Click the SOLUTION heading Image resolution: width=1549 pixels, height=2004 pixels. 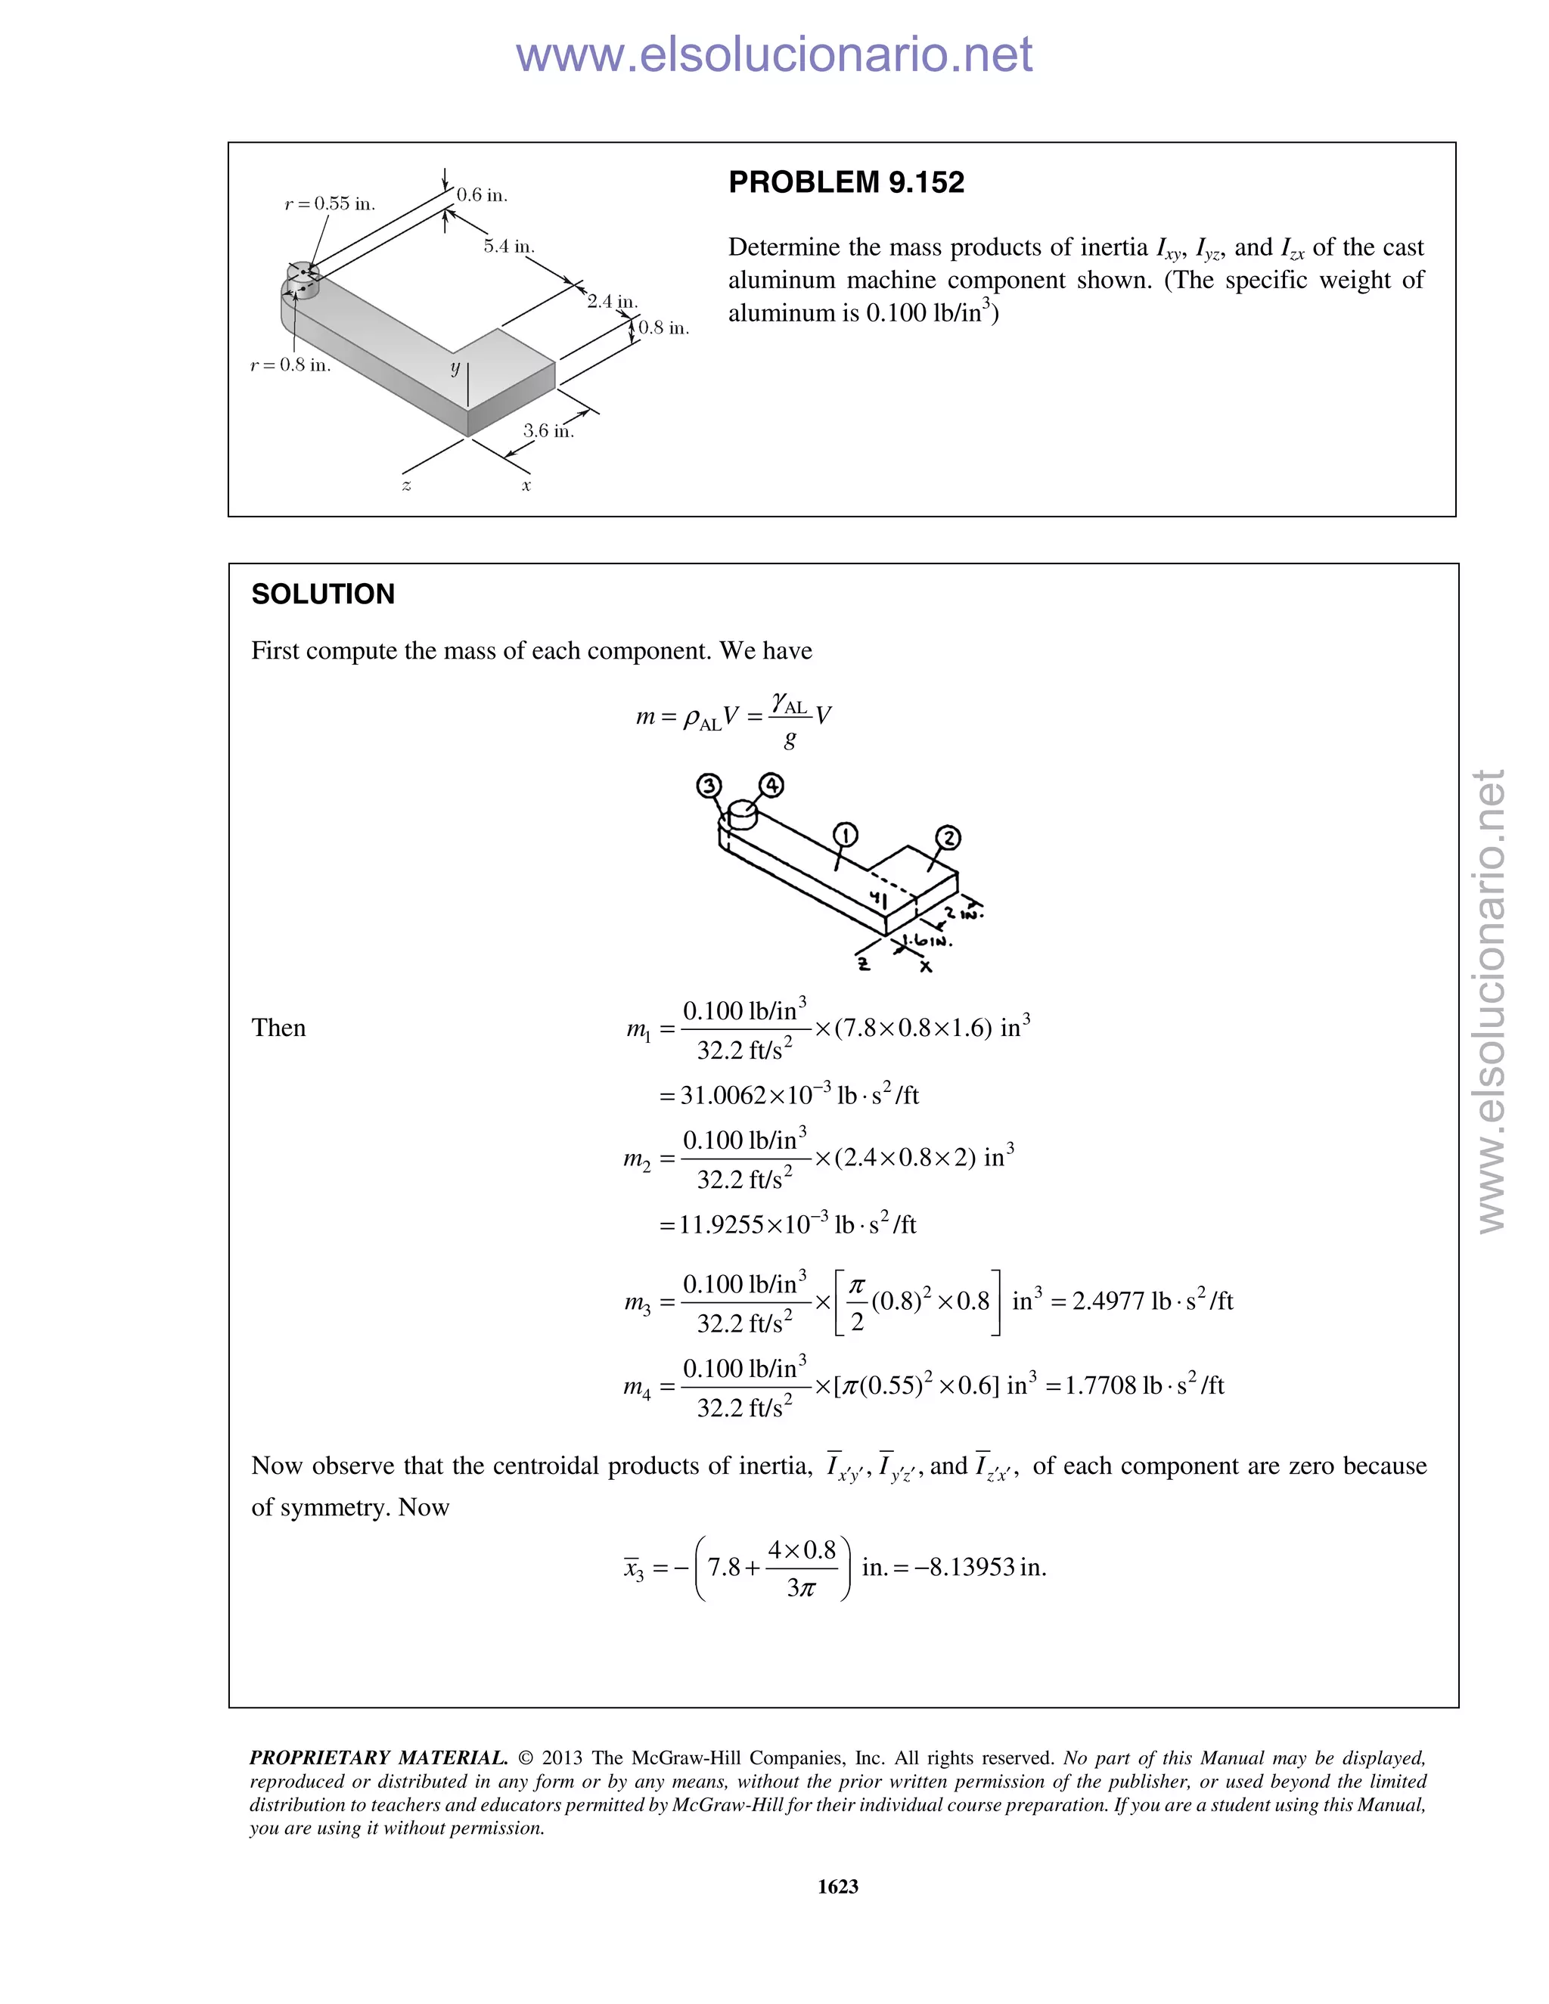click(x=323, y=594)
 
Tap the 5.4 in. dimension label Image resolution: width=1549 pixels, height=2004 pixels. click(x=509, y=246)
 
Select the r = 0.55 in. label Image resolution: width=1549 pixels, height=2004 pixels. click(x=330, y=203)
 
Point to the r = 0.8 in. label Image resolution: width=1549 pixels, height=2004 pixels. click(x=290, y=365)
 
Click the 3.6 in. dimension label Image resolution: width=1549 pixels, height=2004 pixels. click(x=548, y=430)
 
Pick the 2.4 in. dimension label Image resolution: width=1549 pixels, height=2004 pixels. click(x=612, y=301)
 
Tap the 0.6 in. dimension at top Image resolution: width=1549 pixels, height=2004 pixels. click(x=482, y=194)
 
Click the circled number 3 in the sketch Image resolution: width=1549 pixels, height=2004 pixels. click(x=709, y=786)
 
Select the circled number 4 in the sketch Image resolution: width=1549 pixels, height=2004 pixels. click(x=771, y=786)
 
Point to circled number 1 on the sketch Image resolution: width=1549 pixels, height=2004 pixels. click(x=845, y=835)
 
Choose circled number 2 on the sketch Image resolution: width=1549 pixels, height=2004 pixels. click(x=948, y=838)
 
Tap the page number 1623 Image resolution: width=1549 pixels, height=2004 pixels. click(x=837, y=1885)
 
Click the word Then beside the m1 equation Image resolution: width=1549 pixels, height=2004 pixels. click(x=278, y=1028)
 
